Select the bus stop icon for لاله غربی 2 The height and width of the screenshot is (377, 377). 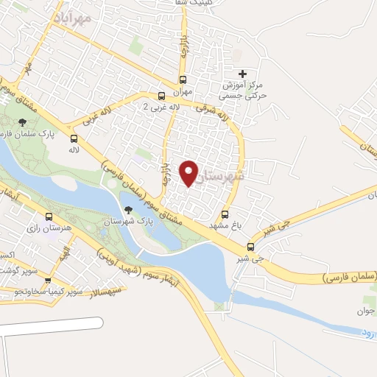point(161,96)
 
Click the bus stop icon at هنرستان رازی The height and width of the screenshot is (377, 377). point(49,217)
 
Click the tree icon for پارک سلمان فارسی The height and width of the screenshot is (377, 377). point(23,122)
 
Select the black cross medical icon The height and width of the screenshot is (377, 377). point(242,73)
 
